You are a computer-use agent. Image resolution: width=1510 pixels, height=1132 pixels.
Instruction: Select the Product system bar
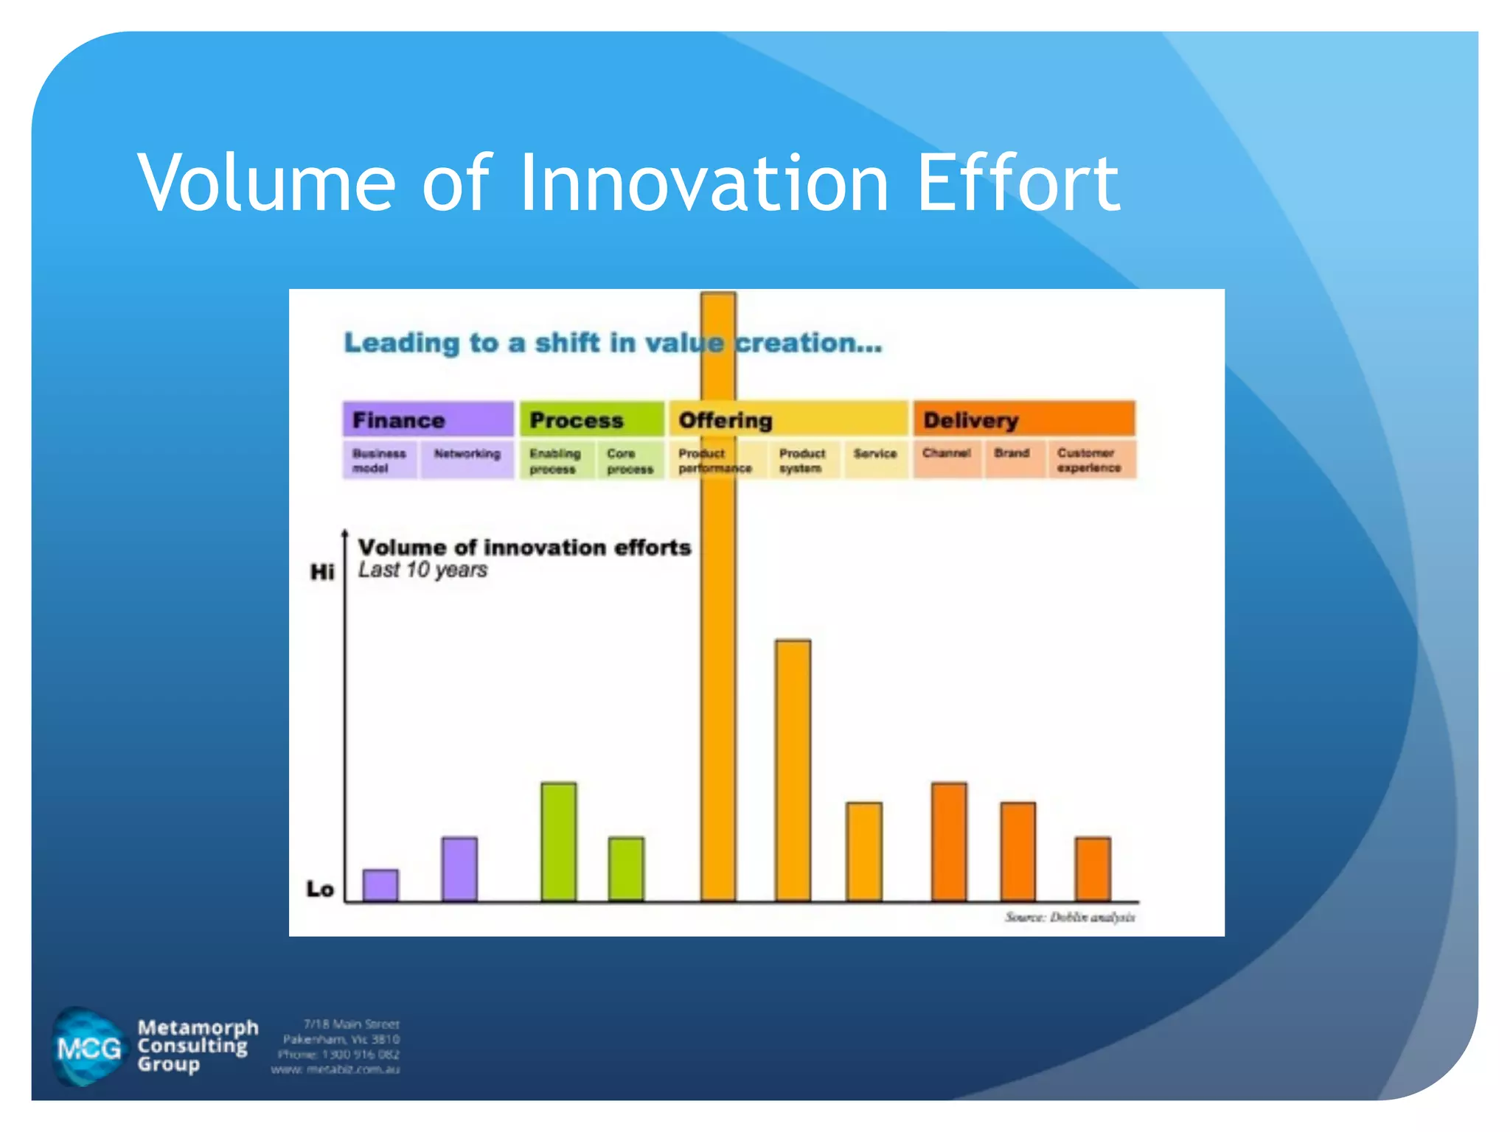pyautogui.click(x=793, y=770)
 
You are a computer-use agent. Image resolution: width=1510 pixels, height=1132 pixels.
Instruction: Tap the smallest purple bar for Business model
pyautogui.click(x=380, y=885)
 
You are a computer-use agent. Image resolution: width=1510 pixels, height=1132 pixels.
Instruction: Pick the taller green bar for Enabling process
pyautogui.click(x=559, y=842)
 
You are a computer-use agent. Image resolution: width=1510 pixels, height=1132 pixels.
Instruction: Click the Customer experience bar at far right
pyautogui.click(x=1093, y=869)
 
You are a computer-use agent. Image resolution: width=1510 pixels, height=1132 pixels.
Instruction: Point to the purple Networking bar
pyautogui.click(x=459, y=869)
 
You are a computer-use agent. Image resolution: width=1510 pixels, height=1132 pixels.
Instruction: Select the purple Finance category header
pyautogui.click(x=428, y=420)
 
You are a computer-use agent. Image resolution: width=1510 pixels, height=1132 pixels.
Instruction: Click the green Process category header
pyautogui.click(x=591, y=420)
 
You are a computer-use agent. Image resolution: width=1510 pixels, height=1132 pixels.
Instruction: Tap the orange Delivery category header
pyautogui.click(x=1024, y=420)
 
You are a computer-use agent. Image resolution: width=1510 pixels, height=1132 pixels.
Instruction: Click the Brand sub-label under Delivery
pyautogui.click(x=1012, y=453)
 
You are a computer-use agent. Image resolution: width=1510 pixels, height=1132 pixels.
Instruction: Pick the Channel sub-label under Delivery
pyautogui.click(x=946, y=453)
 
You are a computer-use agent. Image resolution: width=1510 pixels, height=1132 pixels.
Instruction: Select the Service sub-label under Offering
pyautogui.click(x=875, y=454)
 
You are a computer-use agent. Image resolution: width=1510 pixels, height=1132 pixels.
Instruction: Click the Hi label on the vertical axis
pyautogui.click(x=322, y=572)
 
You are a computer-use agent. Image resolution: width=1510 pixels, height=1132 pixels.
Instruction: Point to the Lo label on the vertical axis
pyautogui.click(x=321, y=890)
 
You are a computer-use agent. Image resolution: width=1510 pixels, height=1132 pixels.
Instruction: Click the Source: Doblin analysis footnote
pyautogui.click(x=1070, y=918)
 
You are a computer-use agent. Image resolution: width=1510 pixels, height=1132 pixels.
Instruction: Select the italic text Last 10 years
pyautogui.click(x=422, y=570)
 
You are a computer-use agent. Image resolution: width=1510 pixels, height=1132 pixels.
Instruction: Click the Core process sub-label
pyautogui.click(x=630, y=461)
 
